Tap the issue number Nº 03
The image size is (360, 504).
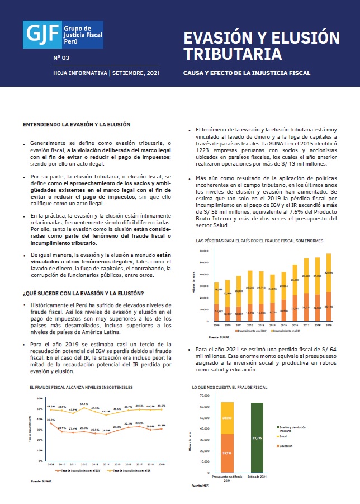pos(61,58)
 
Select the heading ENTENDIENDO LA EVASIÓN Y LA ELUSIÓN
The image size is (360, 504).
pos(77,124)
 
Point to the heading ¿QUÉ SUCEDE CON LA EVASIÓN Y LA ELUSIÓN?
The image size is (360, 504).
pos(83,293)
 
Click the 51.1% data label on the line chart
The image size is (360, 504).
pos(84,403)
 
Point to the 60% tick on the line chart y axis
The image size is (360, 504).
pos(40,398)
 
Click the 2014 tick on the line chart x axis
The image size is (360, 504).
pos(106,464)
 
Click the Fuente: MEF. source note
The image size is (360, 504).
pos(200,486)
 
